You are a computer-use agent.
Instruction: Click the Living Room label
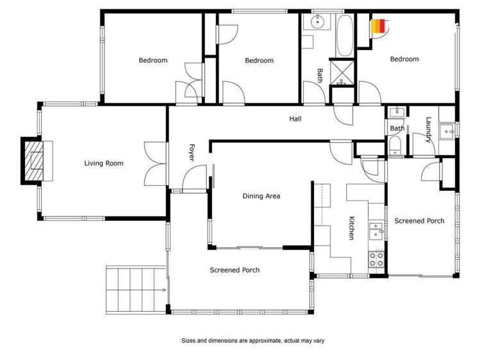pyautogui.click(x=104, y=163)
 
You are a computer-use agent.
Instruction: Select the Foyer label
pyautogui.click(x=191, y=152)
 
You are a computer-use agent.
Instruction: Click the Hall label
pyautogui.click(x=295, y=119)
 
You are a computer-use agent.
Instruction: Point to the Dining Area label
pyautogui.click(x=261, y=196)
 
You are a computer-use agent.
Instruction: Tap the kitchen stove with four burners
pyautogui.click(x=376, y=259)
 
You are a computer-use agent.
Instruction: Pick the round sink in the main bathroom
pyautogui.click(x=317, y=22)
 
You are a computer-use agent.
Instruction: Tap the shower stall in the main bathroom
pyautogui.click(x=342, y=72)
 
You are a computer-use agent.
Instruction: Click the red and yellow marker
pyautogui.click(x=378, y=26)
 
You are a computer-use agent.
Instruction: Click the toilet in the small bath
pyautogui.click(x=395, y=148)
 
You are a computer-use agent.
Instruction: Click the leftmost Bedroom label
pyautogui.click(x=153, y=60)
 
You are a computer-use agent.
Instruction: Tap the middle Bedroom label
pyautogui.click(x=259, y=60)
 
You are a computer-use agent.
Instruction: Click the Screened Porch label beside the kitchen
pyautogui.click(x=419, y=221)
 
